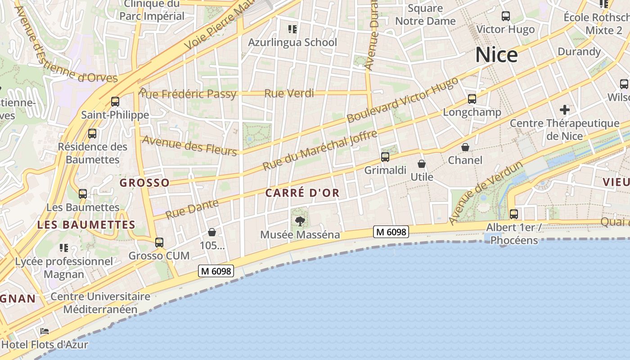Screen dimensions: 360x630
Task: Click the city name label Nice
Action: tap(496, 55)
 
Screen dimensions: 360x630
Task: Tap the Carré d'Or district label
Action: tap(302, 193)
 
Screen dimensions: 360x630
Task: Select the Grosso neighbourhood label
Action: tap(144, 183)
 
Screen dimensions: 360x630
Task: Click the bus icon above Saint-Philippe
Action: tap(115, 102)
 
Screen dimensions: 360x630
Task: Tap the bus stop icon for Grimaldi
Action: tap(385, 157)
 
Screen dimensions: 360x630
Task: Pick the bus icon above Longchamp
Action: tap(472, 99)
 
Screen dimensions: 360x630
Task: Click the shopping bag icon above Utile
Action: tap(422, 164)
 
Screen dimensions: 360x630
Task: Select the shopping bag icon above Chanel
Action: tap(465, 147)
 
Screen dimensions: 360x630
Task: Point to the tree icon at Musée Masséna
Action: tap(300, 221)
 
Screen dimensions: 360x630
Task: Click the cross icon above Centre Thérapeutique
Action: tap(565, 109)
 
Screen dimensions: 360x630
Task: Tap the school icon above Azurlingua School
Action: tap(292, 29)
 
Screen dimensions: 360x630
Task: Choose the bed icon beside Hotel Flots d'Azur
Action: tap(45, 332)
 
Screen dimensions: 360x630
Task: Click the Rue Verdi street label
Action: tap(289, 94)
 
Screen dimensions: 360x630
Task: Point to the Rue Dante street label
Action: tap(192, 209)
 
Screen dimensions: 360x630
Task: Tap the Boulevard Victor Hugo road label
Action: tap(403, 100)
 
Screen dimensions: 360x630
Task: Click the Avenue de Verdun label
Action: tap(486, 192)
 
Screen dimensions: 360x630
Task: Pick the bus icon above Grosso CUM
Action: tap(159, 243)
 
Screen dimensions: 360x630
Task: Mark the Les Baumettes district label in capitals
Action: tap(86, 225)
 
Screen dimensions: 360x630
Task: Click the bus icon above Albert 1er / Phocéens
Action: tap(514, 214)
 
